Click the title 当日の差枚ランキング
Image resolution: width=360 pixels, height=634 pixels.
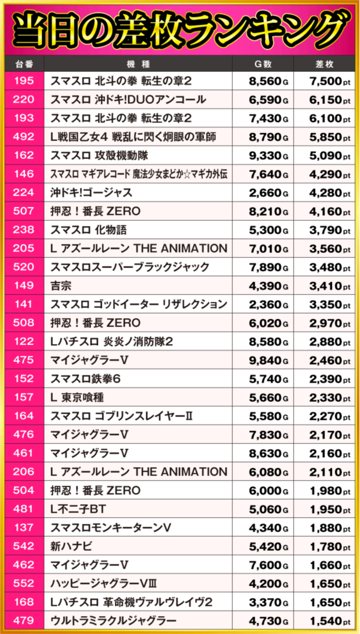pos(180,28)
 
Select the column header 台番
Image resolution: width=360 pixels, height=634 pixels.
pos(23,64)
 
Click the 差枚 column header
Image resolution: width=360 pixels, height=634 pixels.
pos(327,64)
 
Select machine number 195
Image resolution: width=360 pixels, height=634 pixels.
pos(23,81)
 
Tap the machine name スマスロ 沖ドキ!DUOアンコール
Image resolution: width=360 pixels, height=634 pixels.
pos(128,100)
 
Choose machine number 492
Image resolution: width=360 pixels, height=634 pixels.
pos(23,137)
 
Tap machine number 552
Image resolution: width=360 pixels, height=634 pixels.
pos(23,583)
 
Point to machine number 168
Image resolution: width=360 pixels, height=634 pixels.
pos(23,602)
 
